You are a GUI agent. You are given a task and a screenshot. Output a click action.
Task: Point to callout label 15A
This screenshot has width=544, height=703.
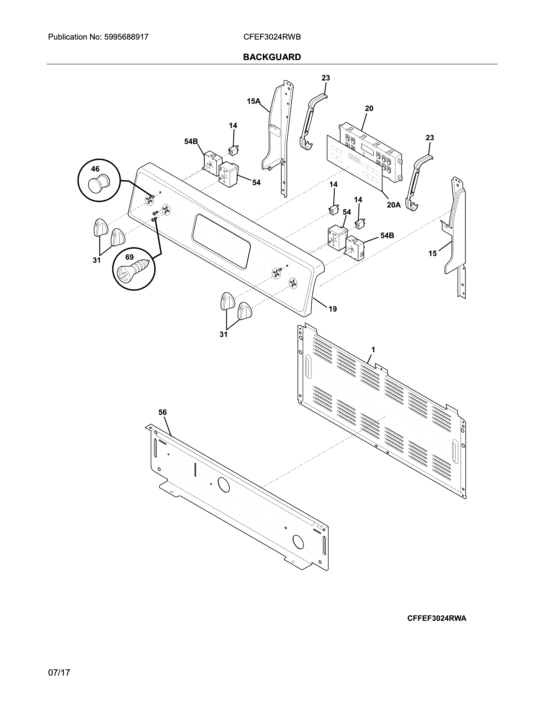tap(253, 101)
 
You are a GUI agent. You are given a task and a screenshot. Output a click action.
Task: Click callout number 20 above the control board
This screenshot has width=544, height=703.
tap(369, 108)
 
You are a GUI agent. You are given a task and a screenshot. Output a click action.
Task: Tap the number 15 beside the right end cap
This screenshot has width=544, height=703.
tap(432, 254)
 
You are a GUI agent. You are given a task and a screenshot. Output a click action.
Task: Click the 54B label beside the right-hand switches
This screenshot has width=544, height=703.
tap(387, 235)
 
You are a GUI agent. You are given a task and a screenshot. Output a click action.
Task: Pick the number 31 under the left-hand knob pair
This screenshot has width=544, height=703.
tap(97, 260)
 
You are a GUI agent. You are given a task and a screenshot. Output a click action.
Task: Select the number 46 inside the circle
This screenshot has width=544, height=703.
tap(95, 169)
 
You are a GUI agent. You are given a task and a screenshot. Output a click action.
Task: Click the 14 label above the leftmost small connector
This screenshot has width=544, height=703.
tap(233, 125)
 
